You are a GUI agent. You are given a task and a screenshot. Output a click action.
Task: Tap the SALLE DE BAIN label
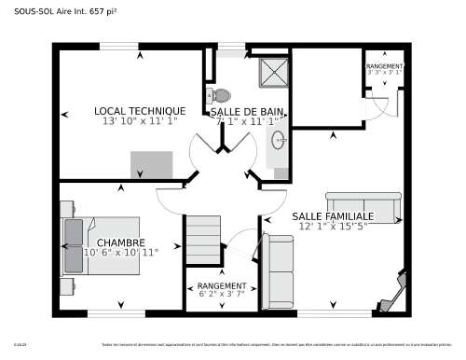click(x=247, y=111)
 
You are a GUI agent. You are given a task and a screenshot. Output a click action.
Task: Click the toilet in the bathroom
click(x=220, y=95)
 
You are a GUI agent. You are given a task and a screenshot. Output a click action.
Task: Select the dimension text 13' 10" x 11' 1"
click(x=139, y=121)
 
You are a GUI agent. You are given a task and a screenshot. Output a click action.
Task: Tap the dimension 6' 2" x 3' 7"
click(x=222, y=294)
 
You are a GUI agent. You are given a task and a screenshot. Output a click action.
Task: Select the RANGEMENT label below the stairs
click(x=222, y=285)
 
